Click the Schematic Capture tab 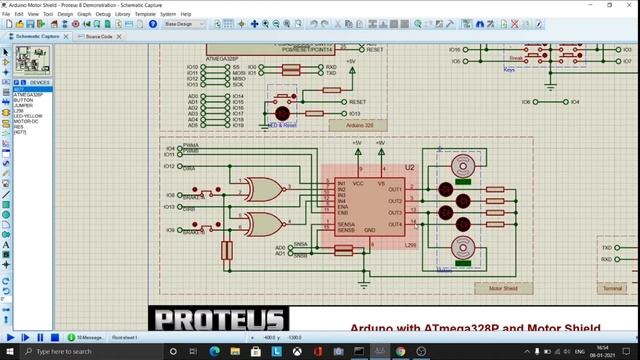pos(41,36)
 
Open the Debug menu pos(103,14)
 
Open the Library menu pos(122,14)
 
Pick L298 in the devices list pos(19,110)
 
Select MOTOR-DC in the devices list pos(23,121)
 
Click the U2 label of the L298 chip pos(409,167)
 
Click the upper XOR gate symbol pos(264,190)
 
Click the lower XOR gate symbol pos(264,223)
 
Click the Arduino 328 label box pos(359,126)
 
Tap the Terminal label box pos(613,288)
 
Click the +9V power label pos(381,144)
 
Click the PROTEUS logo pos(219,320)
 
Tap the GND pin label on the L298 pos(369,230)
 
